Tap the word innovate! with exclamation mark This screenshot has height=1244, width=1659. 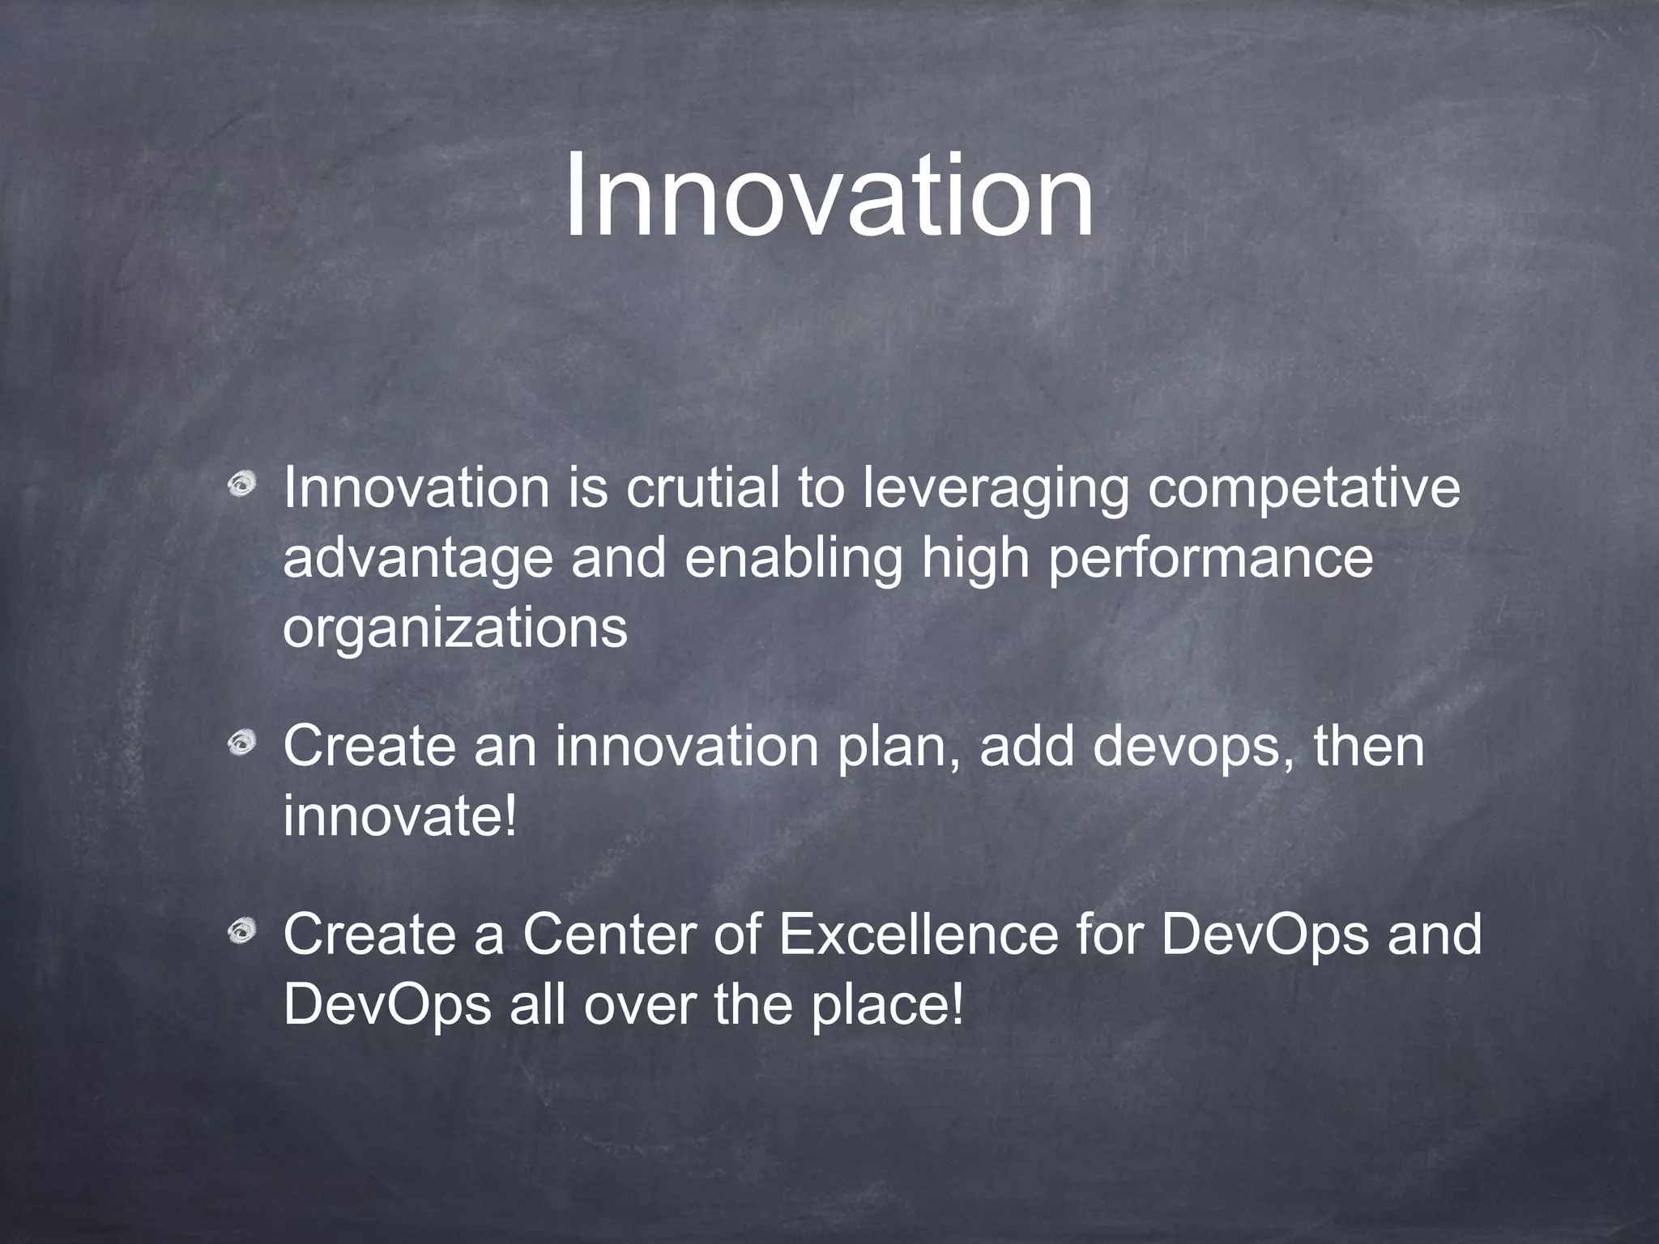click(400, 816)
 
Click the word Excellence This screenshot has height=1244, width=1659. click(918, 934)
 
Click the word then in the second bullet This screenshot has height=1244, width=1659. click(1368, 746)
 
